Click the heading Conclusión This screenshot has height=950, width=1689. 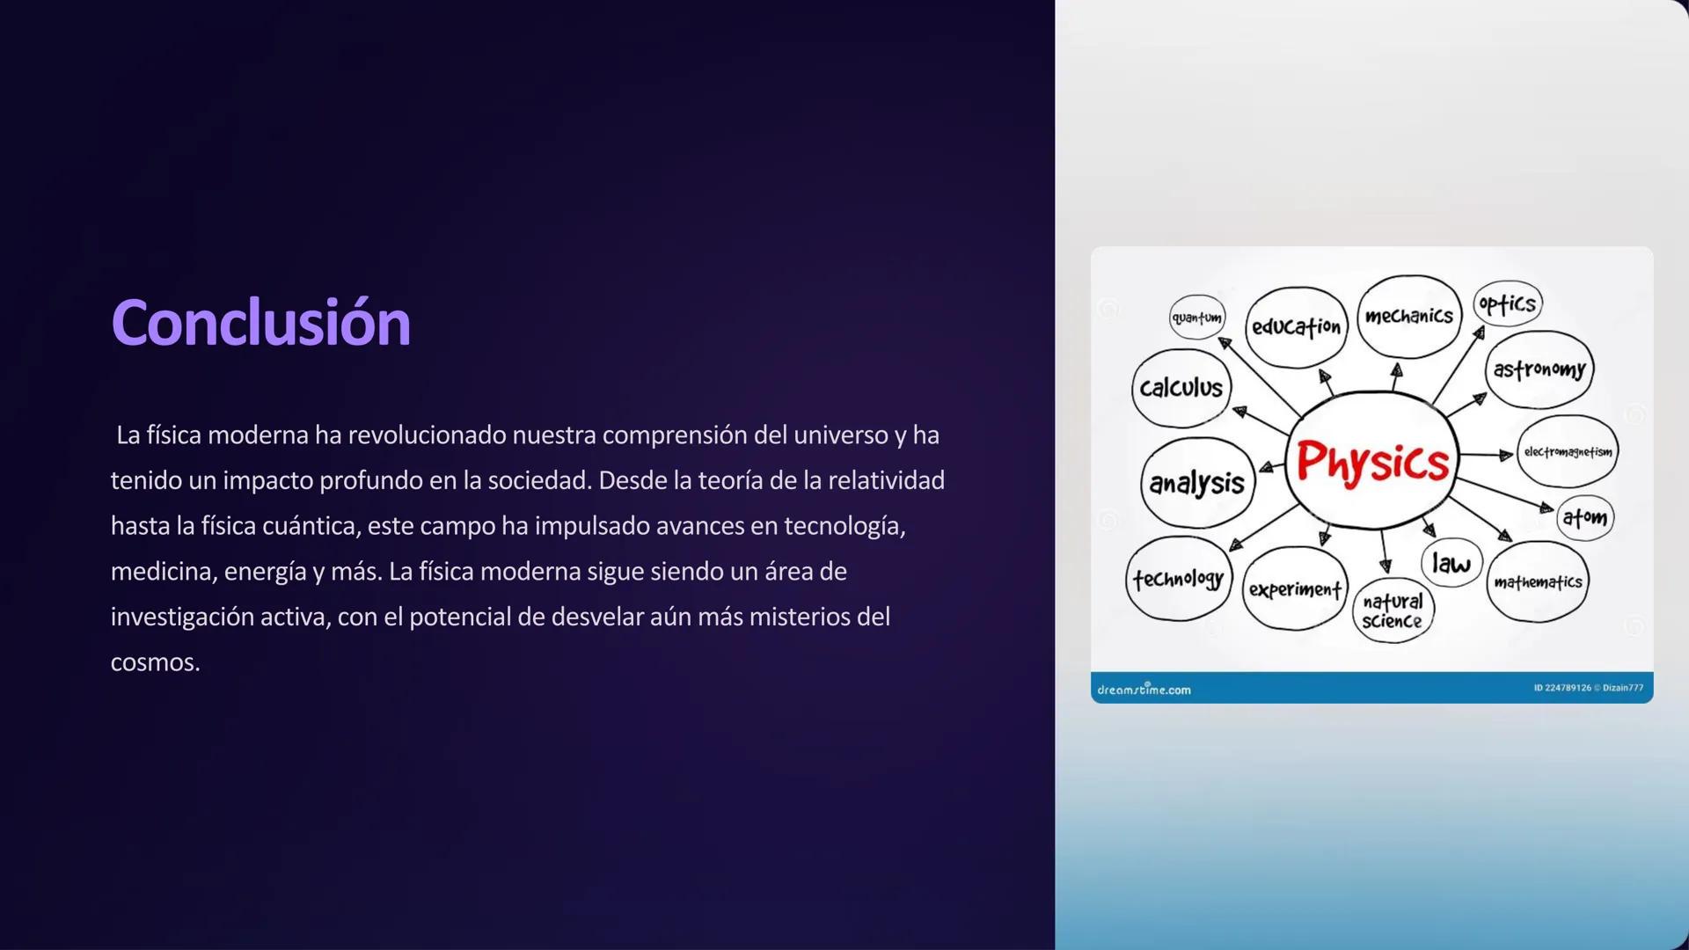[x=260, y=323]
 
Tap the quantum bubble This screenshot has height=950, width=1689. [x=1196, y=318]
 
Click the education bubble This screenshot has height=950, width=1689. [x=1296, y=327]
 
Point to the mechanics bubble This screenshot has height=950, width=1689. [x=1408, y=317]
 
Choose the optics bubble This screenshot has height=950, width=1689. [x=1507, y=304]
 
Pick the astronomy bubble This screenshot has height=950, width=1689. [x=1539, y=369]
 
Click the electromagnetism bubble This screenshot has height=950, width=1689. [x=1568, y=452]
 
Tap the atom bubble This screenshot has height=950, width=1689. [x=1584, y=518]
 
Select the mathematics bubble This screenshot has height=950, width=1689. [x=1537, y=581]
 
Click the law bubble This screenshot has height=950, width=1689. [x=1451, y=563]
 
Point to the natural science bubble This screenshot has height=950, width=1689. [x=1393, y=610]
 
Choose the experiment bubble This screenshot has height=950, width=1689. [x=1295, y=588]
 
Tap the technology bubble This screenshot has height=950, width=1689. [x=1179, y=579]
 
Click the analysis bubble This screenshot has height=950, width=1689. [x=1196, y=483]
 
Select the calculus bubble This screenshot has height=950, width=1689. [x=1181, y=388]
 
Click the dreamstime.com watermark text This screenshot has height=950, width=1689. [x=1144, y=690]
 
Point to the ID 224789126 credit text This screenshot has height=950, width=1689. [x=1562, y=688]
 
